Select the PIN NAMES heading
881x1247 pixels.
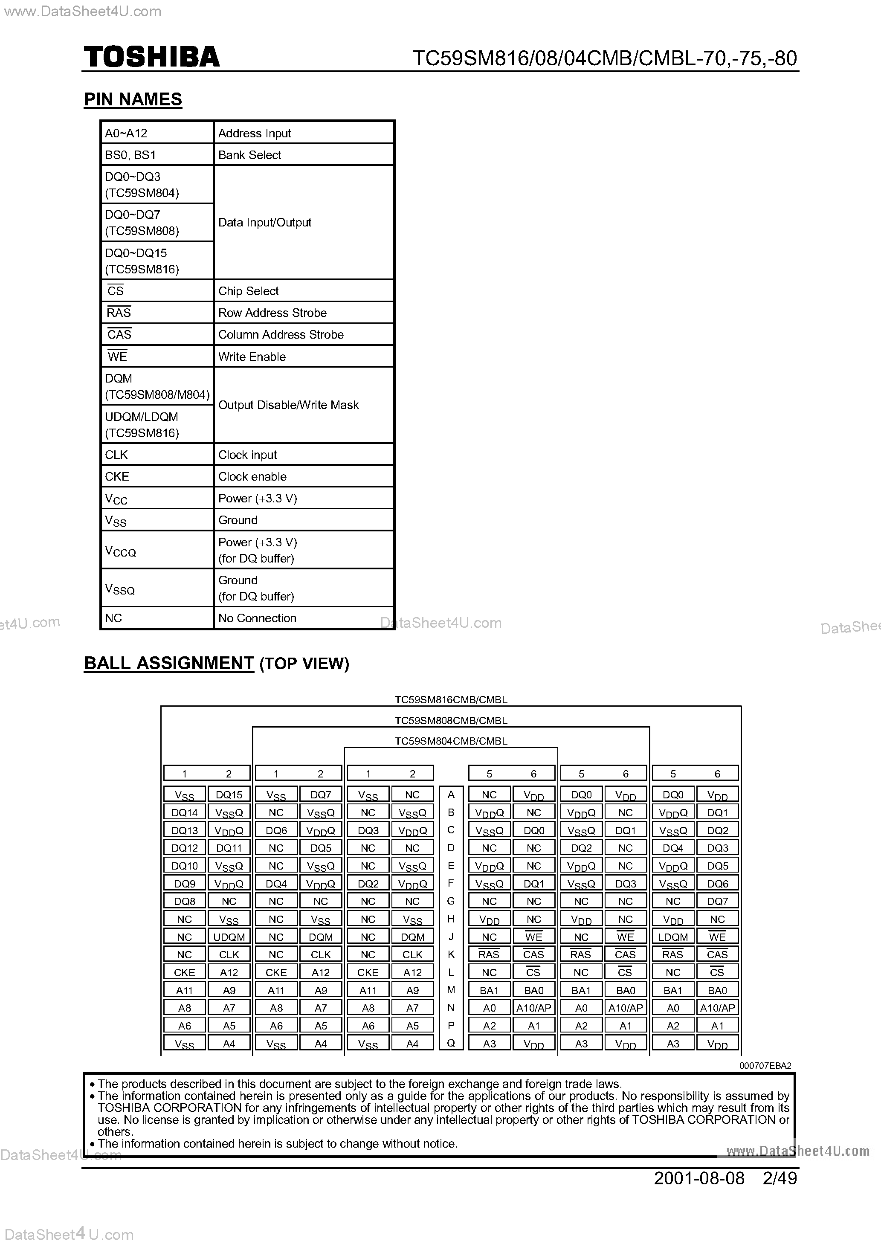pyautogui.click(x=133, y=99)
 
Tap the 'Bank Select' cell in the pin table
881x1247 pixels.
pyautogui.click(x=249, y=155)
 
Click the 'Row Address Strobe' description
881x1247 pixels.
pyautogui.click(x=272, y=313)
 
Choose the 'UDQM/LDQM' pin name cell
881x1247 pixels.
pyautogui.click(x=142, y=424)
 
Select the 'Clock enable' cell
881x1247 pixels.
pyautogui.click(x=252, y=476)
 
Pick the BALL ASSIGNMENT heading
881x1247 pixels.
pyautogui.click(x=169, y=663)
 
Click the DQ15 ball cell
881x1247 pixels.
pyautogui.click(x=229, y=795)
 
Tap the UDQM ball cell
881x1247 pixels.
pyautogui.click(x=229, y=937)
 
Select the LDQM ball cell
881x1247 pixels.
pyautogui.click(x=673, y=937)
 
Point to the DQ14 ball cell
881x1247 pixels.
pyautogui.click(x=185, y=812)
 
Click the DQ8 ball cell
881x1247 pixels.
pyautogui.click(x=185, y=901)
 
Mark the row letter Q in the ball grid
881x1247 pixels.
pyautogui.click(x=451, y=1043)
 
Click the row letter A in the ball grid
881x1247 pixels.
pyautogui.click(x=451, y=795)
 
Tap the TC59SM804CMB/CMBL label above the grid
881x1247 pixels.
pyautogui.click(x=451, y=741)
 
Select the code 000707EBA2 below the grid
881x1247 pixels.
pyautogui.click(x=765, y=1066)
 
